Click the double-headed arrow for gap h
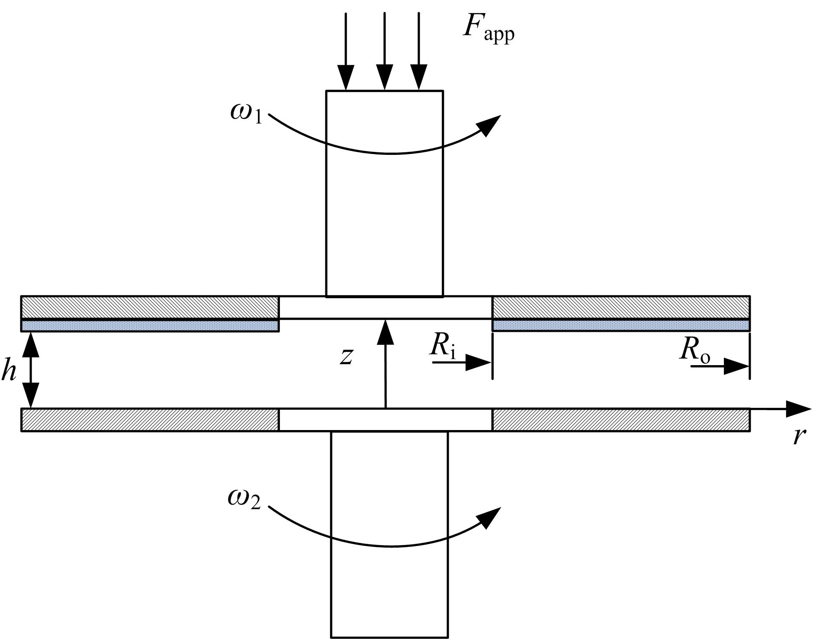(31, 370)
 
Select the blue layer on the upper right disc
(620, 326)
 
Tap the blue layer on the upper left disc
(150, 326)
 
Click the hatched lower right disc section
(620, 420)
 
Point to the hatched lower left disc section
(150, 420)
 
